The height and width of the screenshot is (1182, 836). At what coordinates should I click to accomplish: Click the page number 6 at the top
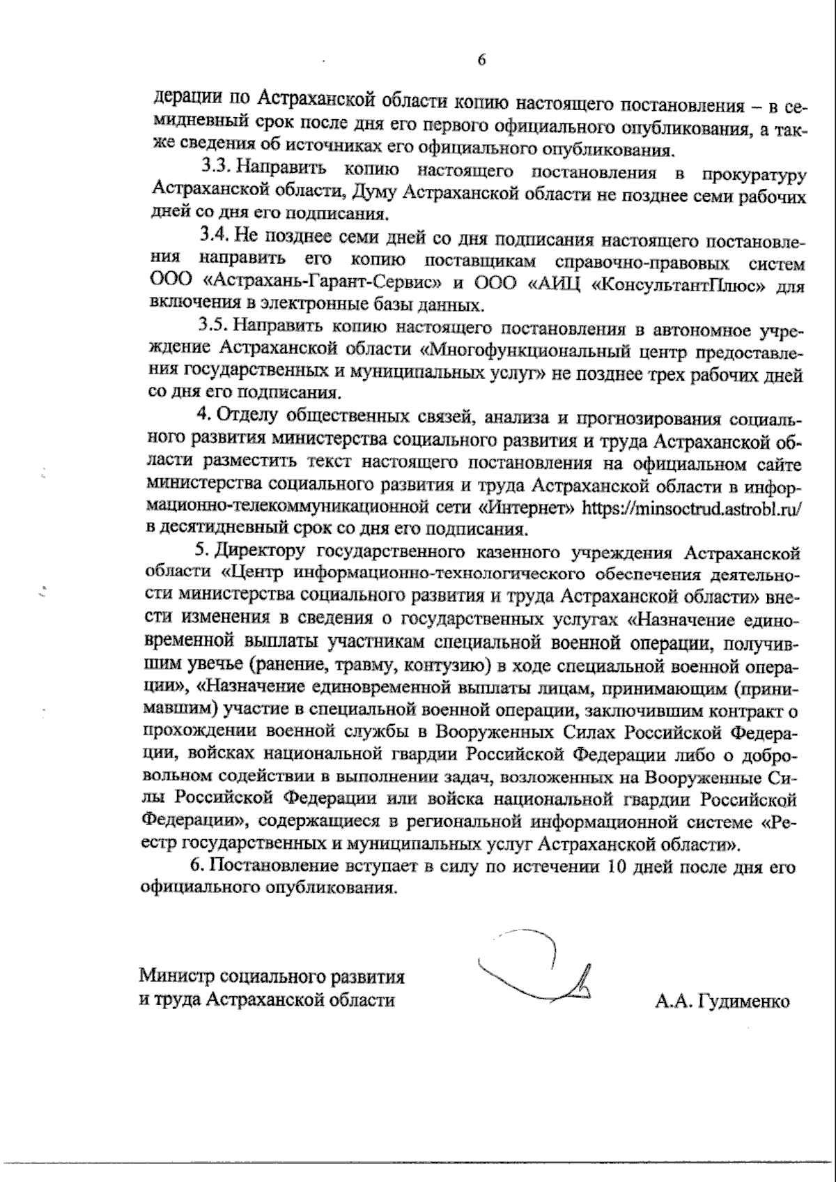point(481,60)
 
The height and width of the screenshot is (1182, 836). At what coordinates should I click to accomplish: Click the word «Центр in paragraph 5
point(254,574)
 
